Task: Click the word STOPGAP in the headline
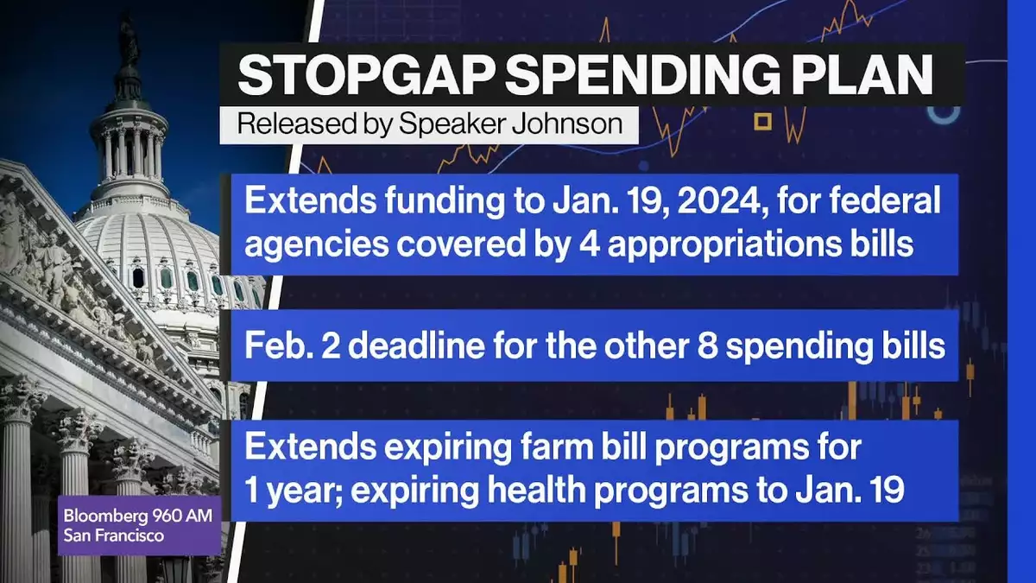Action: (364, 75)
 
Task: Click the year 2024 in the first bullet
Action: (721, 200)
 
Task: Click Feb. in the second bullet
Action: (279, 345)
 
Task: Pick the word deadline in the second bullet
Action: (416, 345)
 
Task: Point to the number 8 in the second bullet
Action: (707, 346)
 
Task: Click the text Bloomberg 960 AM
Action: (138, 516)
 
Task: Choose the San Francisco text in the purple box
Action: (114, 535)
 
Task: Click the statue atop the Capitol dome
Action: (129, 42)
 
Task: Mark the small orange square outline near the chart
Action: (762, 122)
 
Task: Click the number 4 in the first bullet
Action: (589, 244)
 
